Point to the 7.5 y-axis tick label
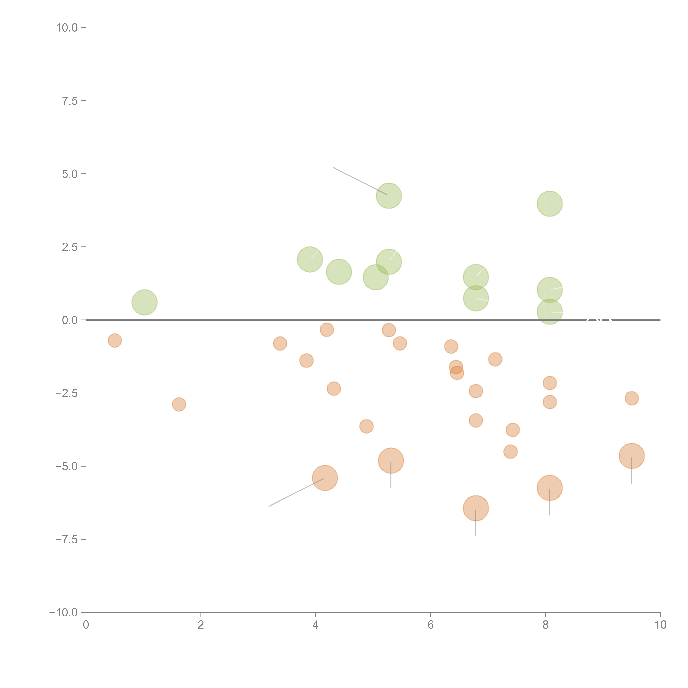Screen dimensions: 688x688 [70, 101]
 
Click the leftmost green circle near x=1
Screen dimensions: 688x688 [145, 302]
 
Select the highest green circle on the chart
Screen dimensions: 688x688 [389, 196]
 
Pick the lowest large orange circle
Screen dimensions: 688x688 [476, 508]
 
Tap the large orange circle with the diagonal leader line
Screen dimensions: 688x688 [325, 478]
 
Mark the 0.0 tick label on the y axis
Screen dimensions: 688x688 [70, 320]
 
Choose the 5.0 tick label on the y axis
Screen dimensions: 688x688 [70, 174]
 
